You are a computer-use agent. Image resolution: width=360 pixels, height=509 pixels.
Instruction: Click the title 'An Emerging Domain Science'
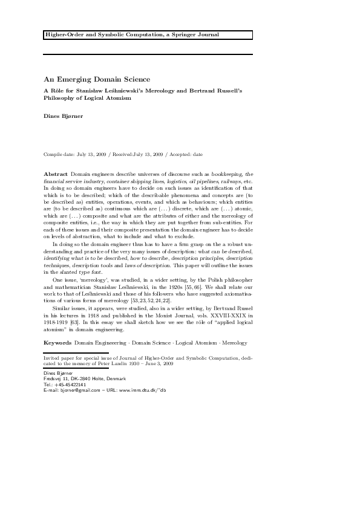click(x=97, y=79)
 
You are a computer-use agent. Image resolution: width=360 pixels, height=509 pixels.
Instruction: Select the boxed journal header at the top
click(x=148, y=35)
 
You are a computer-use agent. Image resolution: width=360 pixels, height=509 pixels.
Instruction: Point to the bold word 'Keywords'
click(x=58, y=343)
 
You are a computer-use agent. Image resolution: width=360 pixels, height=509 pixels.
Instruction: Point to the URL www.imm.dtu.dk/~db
click(x=143, y=391)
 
